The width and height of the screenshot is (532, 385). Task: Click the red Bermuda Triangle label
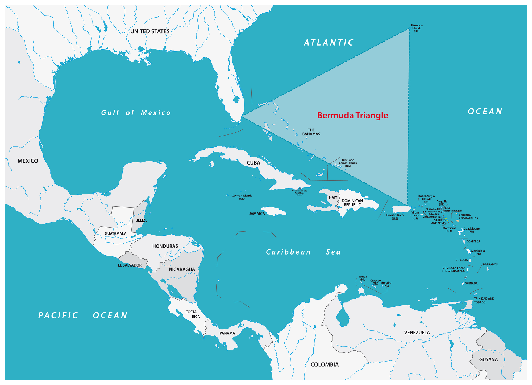pos(352,115)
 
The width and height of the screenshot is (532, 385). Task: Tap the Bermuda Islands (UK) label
pos(417,28)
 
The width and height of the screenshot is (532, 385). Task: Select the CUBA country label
pos(253,163)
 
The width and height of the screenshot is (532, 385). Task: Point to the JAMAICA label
pos(257,214)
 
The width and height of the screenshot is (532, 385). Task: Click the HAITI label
pos(334,198)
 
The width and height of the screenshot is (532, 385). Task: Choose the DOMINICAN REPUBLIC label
pos(352,203)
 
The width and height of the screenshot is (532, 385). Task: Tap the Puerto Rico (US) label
pos(395,217)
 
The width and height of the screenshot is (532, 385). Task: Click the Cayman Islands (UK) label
pos(242,197)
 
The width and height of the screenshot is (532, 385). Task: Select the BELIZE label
pos(141,220)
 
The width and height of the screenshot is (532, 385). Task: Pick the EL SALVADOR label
pos(130,265)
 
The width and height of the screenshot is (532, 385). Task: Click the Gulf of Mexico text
pos(136,113)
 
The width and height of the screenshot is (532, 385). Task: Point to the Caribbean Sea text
pos(303,252)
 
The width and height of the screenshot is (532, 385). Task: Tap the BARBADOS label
pos(490,264)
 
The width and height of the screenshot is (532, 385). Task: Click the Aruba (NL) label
pos(363,278)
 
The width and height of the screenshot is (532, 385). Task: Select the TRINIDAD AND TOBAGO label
pos(484,300)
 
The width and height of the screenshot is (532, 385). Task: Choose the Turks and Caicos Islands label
pos(348,163)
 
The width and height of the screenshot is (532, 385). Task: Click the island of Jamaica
pos(274,211)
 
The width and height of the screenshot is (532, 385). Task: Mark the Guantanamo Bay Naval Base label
pos(299,193)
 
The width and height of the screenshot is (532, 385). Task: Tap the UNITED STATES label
pos(150,31)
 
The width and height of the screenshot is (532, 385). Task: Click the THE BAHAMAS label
pos(311,132)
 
